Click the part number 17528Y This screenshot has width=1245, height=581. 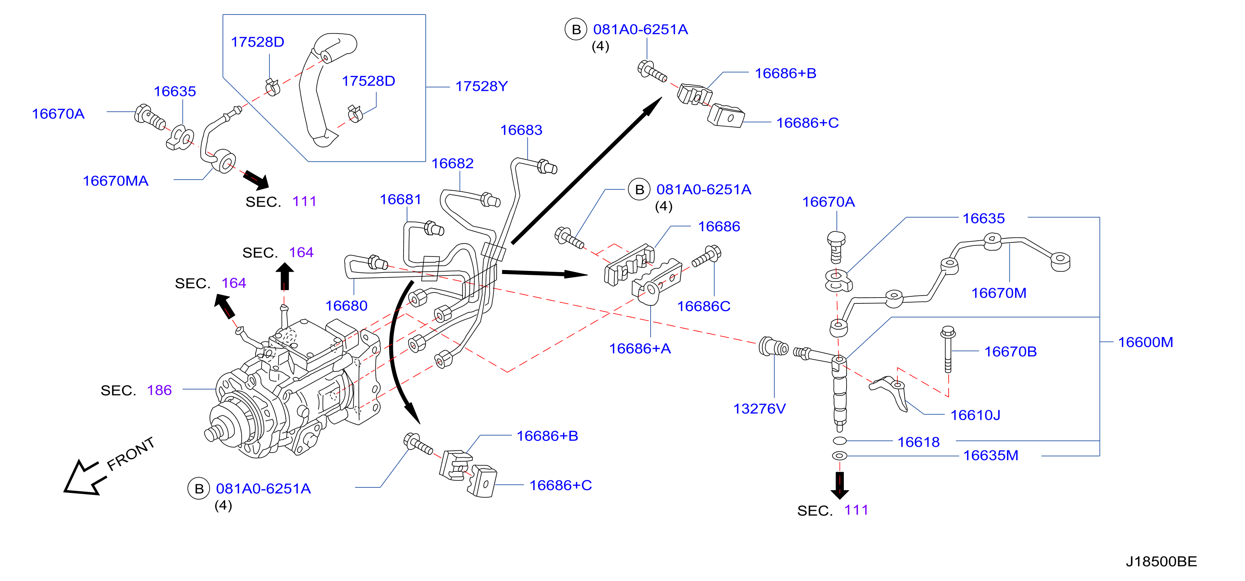point(481,86)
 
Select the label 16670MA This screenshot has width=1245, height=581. point(115,181)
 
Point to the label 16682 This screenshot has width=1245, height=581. point(452,164)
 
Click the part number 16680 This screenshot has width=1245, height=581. point(346,306)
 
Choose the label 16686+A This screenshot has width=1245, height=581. point(640,349)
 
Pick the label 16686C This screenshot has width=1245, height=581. point(704,306)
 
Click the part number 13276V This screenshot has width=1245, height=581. point(759,409)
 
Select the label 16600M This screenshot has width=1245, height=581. point(1145,343)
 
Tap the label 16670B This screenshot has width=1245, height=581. point(1011,352)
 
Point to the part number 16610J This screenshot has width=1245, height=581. point(975,415)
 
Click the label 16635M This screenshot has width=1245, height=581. point(991,456)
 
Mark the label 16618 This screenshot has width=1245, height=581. point(918,442)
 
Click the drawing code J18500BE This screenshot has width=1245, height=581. point(1161,562)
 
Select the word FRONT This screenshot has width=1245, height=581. point(131,454)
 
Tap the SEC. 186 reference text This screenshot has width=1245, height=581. point(136,390)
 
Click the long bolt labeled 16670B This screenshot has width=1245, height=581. point(948,349)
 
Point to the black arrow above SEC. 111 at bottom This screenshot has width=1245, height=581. point(840,485)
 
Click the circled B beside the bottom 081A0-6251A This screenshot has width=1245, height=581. point(199,489)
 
